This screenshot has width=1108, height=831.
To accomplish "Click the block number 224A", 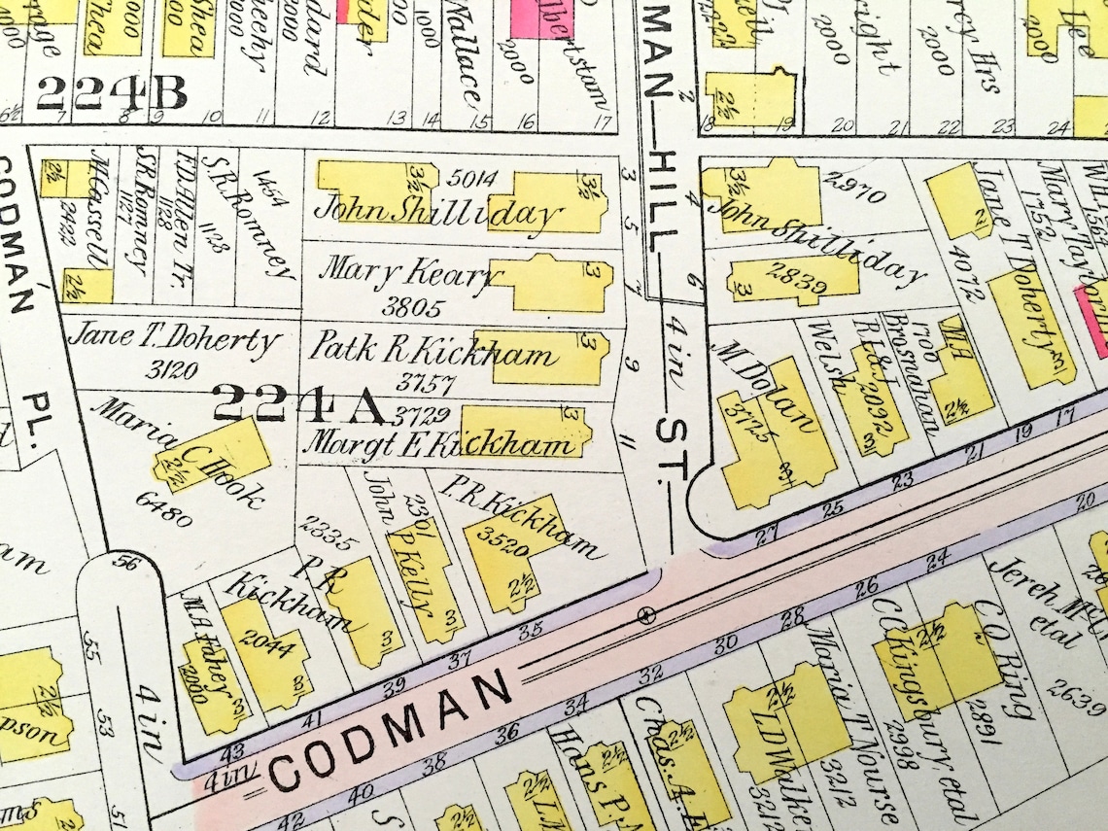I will coord(298,403).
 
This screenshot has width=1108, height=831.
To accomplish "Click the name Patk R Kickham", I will coord(433,351).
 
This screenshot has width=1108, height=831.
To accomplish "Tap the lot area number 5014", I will coord(469,178).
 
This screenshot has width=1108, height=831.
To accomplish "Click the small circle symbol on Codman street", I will coord(642,614).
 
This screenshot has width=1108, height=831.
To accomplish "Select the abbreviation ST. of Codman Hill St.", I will coord(670,450).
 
